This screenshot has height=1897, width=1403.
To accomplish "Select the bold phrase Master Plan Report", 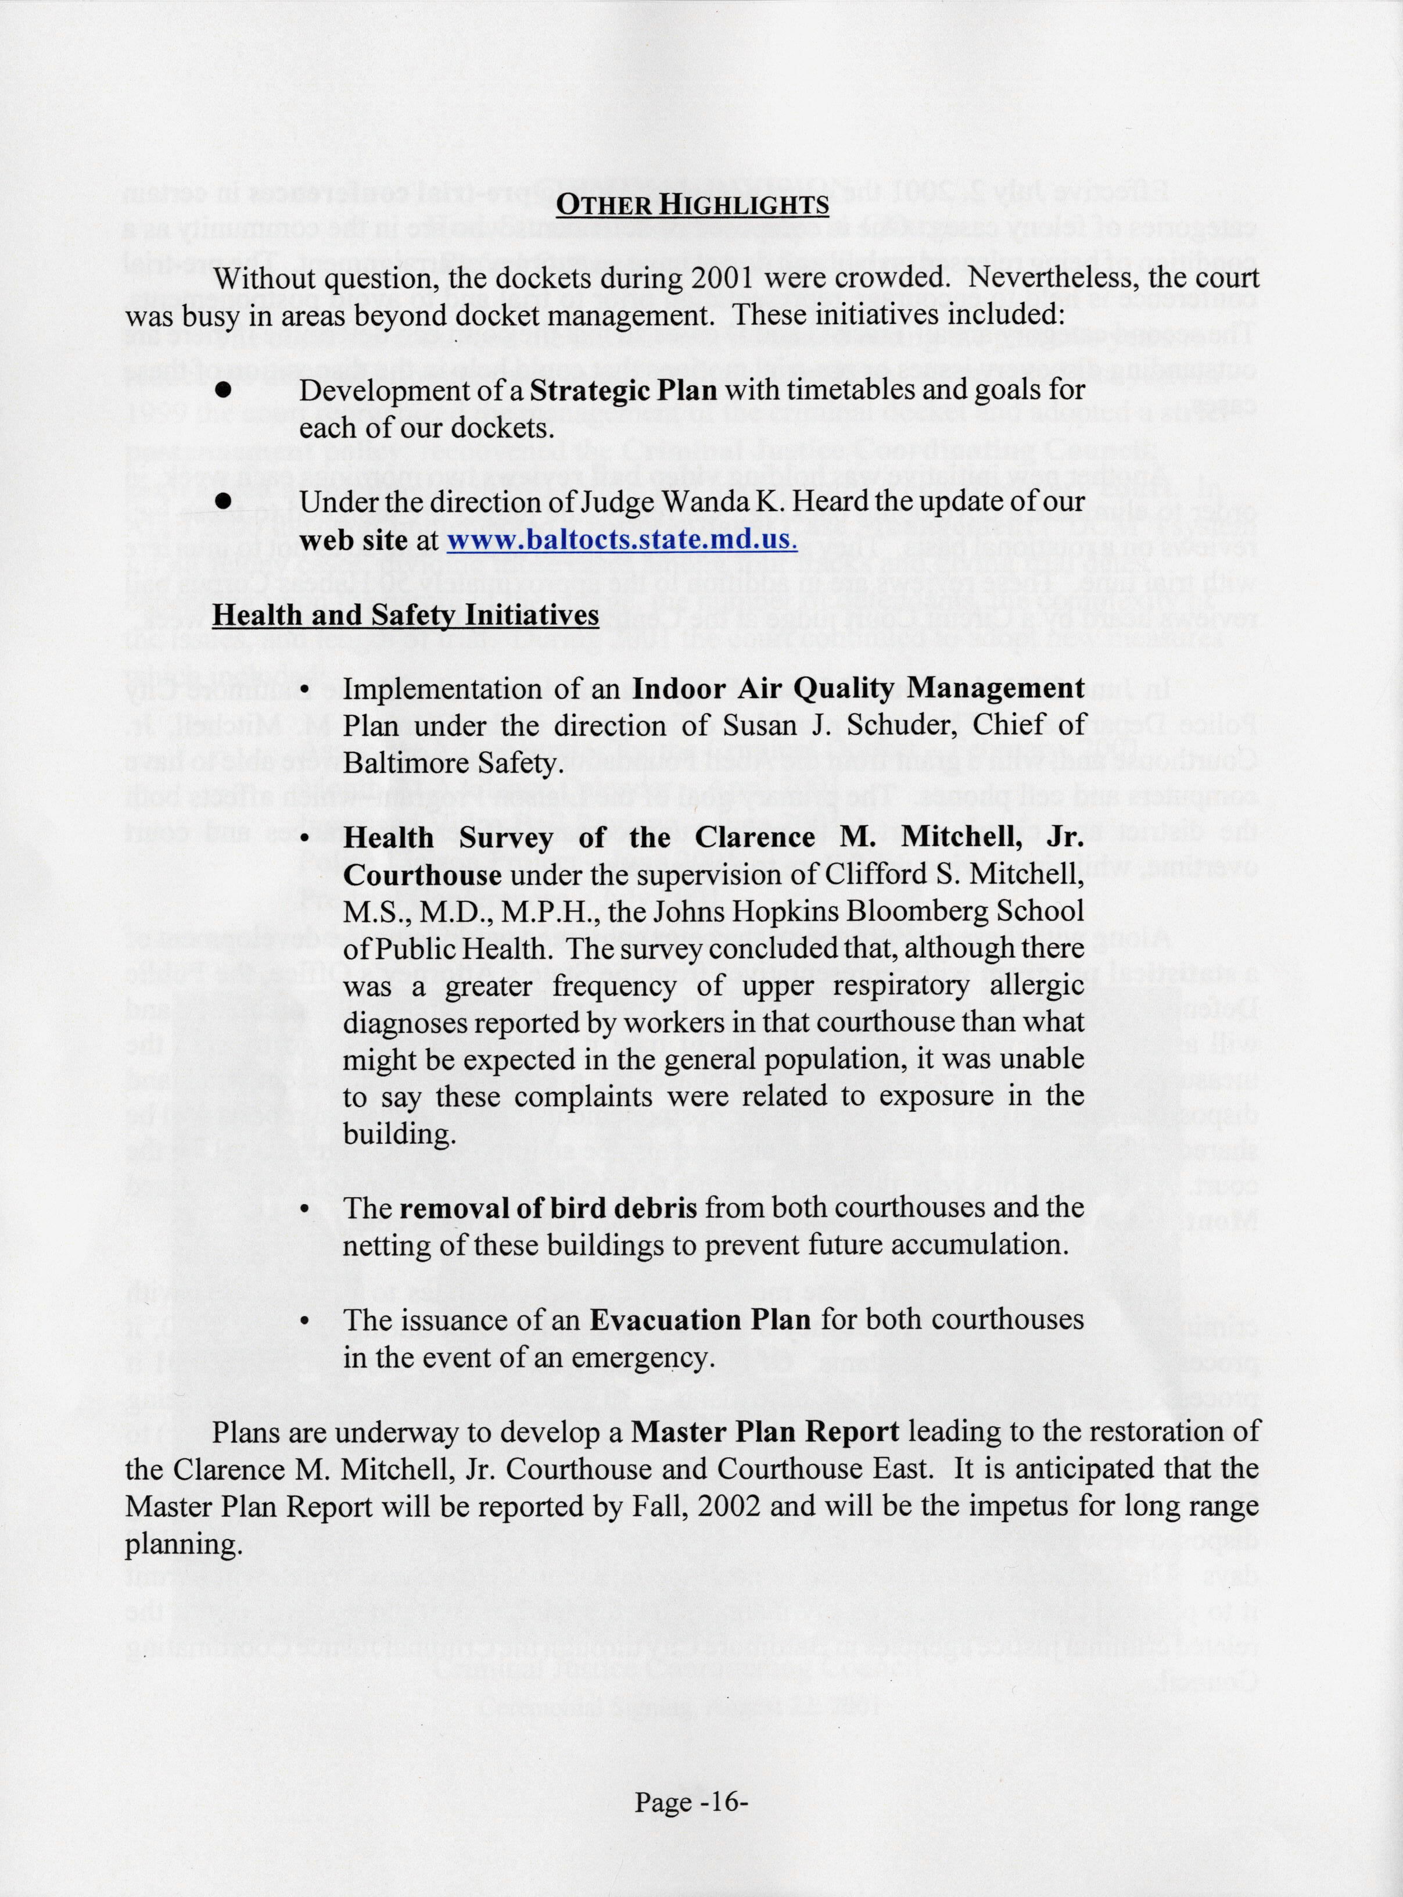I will coord(765,1431).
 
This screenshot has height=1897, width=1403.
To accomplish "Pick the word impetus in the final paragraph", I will coord(1050,1505).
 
